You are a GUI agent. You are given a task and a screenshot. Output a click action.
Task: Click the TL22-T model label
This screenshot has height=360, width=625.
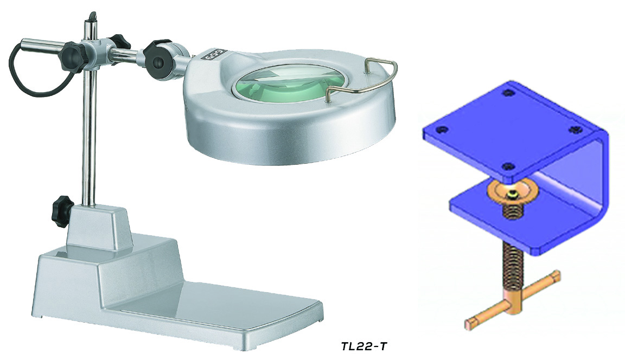coord(364,346)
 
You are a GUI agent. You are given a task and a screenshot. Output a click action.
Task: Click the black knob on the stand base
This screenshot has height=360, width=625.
coord(61,211)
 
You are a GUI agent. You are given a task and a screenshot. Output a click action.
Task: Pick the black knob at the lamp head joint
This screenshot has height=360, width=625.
coord(158,58)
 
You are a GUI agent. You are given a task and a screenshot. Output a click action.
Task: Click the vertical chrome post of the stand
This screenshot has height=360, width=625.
coord(90,131)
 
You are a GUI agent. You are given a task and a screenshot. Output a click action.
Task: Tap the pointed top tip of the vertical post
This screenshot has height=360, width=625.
coord(92,14)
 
